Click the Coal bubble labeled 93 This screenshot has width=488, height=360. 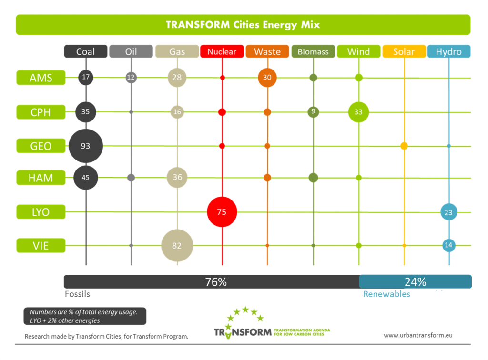pyautogui.click(x=86, y=146)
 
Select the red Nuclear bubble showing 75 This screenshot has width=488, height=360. pyautogui.click(x=222, y=212)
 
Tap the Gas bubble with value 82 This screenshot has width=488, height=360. pyautogui.click(x=177, y=246)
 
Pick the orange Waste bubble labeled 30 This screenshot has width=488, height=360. pyautogui.click(x=267, y=78)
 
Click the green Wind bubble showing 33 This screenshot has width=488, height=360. pyautogui.click(x=358, y=112)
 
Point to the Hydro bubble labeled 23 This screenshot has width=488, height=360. pyautogui.click(x=448, y=212)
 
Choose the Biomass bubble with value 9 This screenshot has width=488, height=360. pyautogui.click(x=313, y=112)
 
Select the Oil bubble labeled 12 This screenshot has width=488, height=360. pyautogui.click(x=131, y=78)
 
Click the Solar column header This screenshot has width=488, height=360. pyautogui.click(x=404, y=51)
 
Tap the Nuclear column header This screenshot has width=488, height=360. pyautogui.click(x=222, y=51)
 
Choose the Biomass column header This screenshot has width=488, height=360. pyautogui.click(x=313, y=51)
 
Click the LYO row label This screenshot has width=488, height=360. pyautogui.click(x=41, y=211)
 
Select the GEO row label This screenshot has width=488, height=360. pyautogui.click(x=41, y=146)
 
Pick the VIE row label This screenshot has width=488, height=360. pyautogui.click(x=41, y=246)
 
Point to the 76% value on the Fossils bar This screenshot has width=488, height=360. pyautogui.click(x=215, y=282)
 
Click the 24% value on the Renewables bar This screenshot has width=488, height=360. pyautogui.click(x=415, y=282)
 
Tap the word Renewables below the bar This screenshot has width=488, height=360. pyautogui.click(x=386, y=294)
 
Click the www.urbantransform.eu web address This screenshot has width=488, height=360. pyautogui.click(x=418, y=335)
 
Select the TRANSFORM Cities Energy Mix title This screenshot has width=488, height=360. pyautogui.click(x=243, y=25)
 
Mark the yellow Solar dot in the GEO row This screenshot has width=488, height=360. pyautogui.click(x=404, y=146)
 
